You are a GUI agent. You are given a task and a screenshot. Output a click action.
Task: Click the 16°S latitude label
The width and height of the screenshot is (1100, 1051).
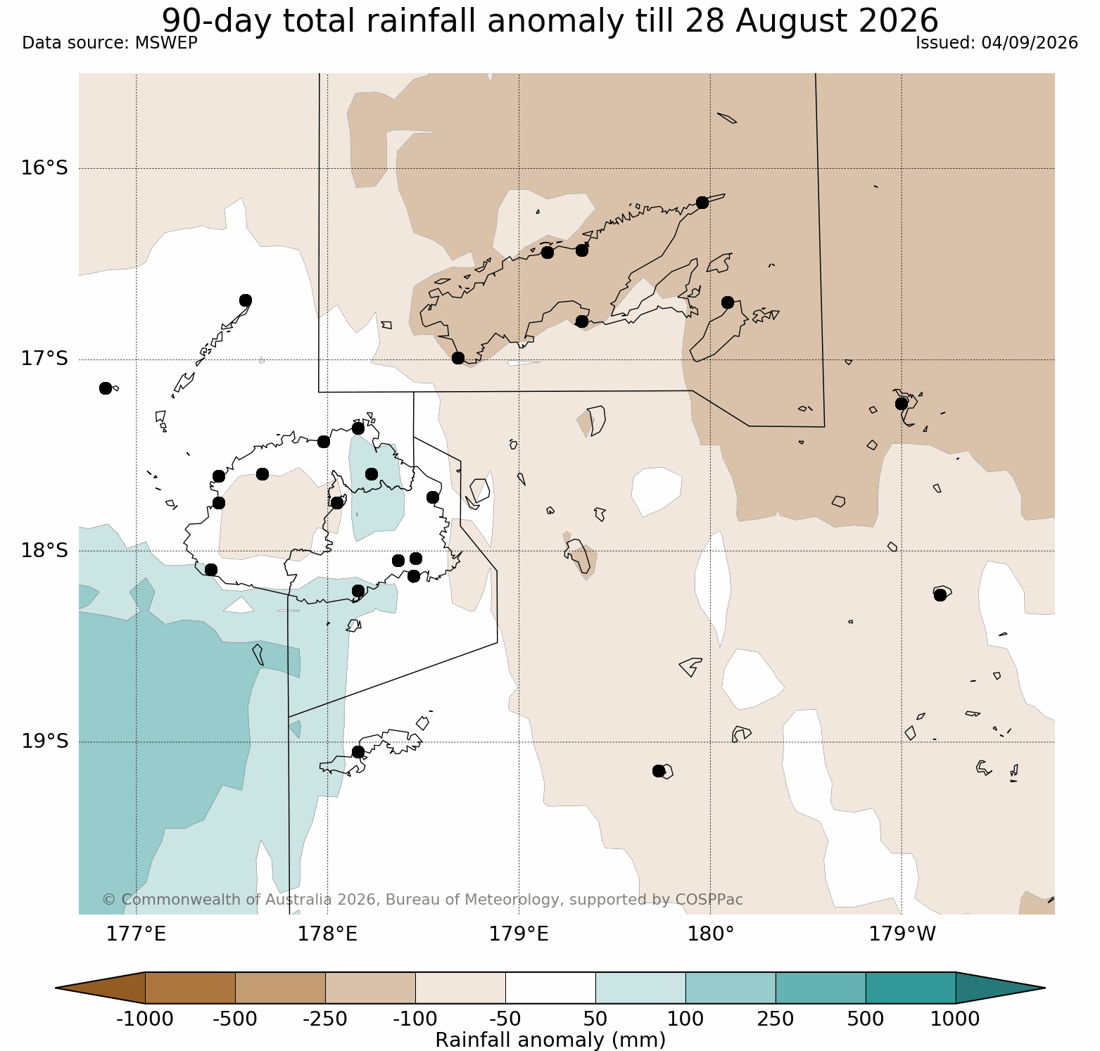pos(44,168)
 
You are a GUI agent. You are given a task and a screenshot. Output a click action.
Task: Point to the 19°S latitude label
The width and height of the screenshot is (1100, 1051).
pos(44,741)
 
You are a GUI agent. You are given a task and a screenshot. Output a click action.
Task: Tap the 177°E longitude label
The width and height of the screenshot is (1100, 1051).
pos(136,934)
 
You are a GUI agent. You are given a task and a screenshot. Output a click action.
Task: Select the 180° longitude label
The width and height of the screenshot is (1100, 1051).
pos(711,934)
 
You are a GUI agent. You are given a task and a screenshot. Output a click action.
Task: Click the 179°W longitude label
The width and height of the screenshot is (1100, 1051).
pos(902,934)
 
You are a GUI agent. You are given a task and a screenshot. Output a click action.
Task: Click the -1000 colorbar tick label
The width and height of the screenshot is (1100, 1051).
pos(144,1019)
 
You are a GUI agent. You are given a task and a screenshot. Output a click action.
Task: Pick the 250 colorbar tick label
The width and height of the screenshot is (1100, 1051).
pos(776,1019)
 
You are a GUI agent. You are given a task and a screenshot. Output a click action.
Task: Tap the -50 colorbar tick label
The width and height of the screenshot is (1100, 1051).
pos(505,1019)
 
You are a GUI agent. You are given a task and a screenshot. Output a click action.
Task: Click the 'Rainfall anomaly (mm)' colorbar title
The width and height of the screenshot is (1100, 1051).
pos(550,1040)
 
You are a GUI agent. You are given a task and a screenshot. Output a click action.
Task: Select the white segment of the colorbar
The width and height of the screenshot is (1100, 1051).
pos(550,988)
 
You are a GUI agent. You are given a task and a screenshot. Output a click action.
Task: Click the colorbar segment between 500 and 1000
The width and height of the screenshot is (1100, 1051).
pos(911,988)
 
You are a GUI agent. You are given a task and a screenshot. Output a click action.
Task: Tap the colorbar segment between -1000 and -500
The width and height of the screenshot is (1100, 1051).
pos(190,988)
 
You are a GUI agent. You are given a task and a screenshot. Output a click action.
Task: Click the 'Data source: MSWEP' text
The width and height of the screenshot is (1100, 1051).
pos(110,43)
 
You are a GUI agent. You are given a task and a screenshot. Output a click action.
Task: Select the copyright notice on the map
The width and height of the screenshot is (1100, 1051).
pos(422,900)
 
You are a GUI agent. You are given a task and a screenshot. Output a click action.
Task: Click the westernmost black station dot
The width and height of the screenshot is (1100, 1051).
pos(106,388)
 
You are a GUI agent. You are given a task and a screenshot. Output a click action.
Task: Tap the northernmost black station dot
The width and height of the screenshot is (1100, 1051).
pos(702,203)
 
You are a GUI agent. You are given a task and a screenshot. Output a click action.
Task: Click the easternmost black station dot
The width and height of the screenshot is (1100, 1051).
pos(940,595)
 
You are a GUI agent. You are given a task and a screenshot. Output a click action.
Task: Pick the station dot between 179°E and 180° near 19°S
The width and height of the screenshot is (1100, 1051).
pos(659,771)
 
